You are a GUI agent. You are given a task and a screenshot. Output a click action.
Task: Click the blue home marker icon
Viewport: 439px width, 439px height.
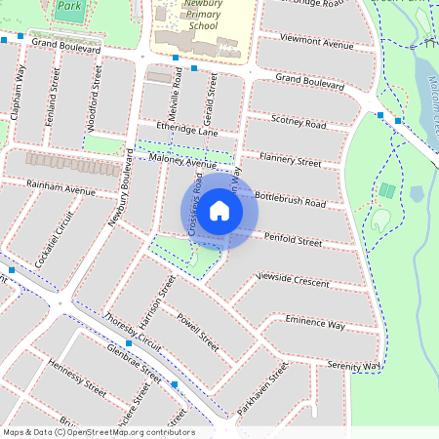click(x=219, y=211)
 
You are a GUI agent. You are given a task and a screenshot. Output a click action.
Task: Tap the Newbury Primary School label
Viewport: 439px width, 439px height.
click(x=189, y=16)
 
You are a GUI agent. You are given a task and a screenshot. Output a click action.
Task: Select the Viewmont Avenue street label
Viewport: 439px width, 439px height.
click(x=315, y=43)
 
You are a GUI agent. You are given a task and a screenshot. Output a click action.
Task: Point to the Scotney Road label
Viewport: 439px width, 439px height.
click(x=298, y=123)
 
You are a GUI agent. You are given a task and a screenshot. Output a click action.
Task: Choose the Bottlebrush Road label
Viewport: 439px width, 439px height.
click(x=290, y=200)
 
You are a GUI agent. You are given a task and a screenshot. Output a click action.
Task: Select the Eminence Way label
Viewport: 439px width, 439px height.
click(x=315, y=322)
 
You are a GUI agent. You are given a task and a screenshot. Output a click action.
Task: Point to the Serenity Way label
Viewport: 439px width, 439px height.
click(x=353, y=364)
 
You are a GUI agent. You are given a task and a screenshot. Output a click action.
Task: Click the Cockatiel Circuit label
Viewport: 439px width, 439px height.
click(x=54, y=240)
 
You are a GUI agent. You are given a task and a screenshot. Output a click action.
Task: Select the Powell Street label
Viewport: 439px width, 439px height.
click(x=197, y=328)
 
